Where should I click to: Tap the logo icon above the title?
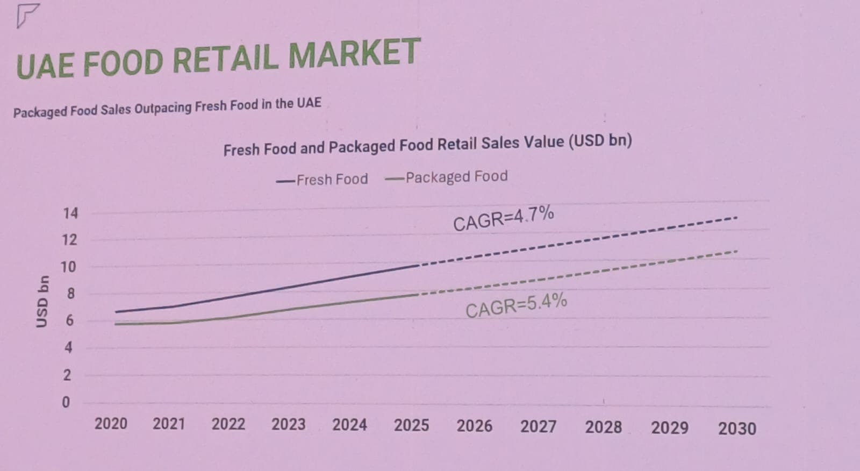(x=27, y=16)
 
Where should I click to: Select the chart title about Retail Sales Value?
(x=427, y=145)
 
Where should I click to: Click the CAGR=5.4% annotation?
(x=516, y=305)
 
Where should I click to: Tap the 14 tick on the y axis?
(x=70, y=213)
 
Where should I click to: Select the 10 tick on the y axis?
(x=68, y=267)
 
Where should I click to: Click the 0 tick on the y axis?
(x=66, y=402)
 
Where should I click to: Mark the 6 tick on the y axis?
(x=68, y=321)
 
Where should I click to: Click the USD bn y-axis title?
(x=42, y=301)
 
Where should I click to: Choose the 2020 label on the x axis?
(x=111, y=424)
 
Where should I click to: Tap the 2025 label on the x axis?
(x=411, y=425)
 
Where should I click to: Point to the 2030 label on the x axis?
(x=737, y=429)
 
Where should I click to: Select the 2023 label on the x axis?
(x=288, y=424)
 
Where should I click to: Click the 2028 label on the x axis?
(x=603, y=427)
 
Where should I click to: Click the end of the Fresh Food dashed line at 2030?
(x=736, y=217)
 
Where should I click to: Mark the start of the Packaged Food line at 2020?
(x=116, y=324)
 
